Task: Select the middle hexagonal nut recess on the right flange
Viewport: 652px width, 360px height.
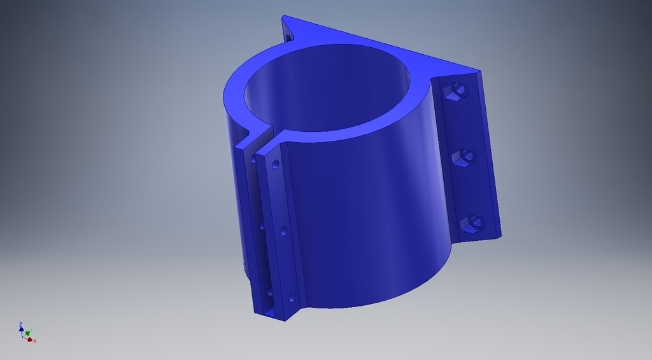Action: coord(464,157)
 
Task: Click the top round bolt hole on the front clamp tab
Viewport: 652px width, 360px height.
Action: coord(275,165)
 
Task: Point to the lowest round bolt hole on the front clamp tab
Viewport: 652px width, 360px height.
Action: coord(292,297)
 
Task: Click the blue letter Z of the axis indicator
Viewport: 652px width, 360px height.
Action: coord(21,324)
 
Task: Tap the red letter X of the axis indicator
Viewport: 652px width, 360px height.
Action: coord(34,341)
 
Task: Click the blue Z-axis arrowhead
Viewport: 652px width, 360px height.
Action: coord(21,330)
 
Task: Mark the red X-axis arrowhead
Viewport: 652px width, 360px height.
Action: coord(30,339)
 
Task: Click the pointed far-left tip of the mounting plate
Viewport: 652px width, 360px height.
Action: coord(284,17)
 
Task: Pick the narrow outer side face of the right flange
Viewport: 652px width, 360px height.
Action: coord(490,153)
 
